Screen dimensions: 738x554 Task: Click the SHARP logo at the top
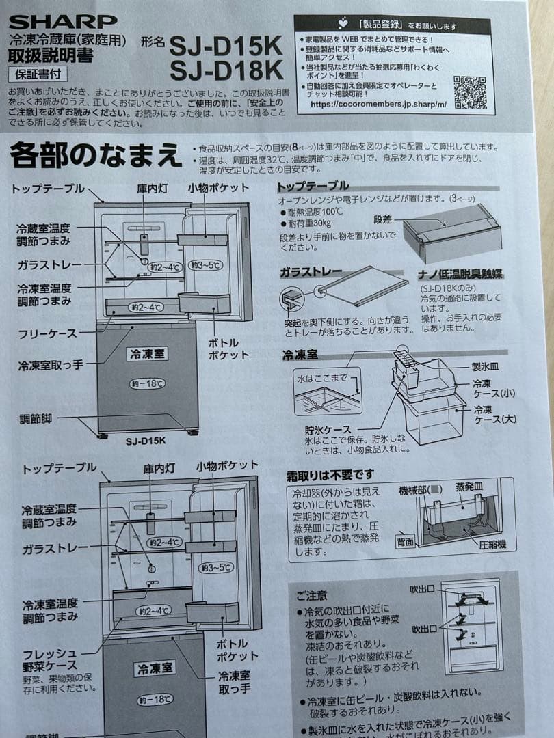coord(63,21)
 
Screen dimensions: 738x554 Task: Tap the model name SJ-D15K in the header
coord(226,46)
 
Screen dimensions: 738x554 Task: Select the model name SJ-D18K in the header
coord(226,70)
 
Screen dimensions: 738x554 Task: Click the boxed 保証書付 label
coord(32,74)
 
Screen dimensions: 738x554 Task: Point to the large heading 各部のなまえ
coord(96,156)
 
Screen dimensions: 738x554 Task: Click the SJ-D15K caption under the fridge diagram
coord(145,441)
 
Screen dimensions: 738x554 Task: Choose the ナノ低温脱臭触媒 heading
coord(460,275)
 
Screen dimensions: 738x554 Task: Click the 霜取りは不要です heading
coord(330,474)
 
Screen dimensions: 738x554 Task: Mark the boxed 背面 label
coord(405,541)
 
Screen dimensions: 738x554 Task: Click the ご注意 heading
coord(312,595)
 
